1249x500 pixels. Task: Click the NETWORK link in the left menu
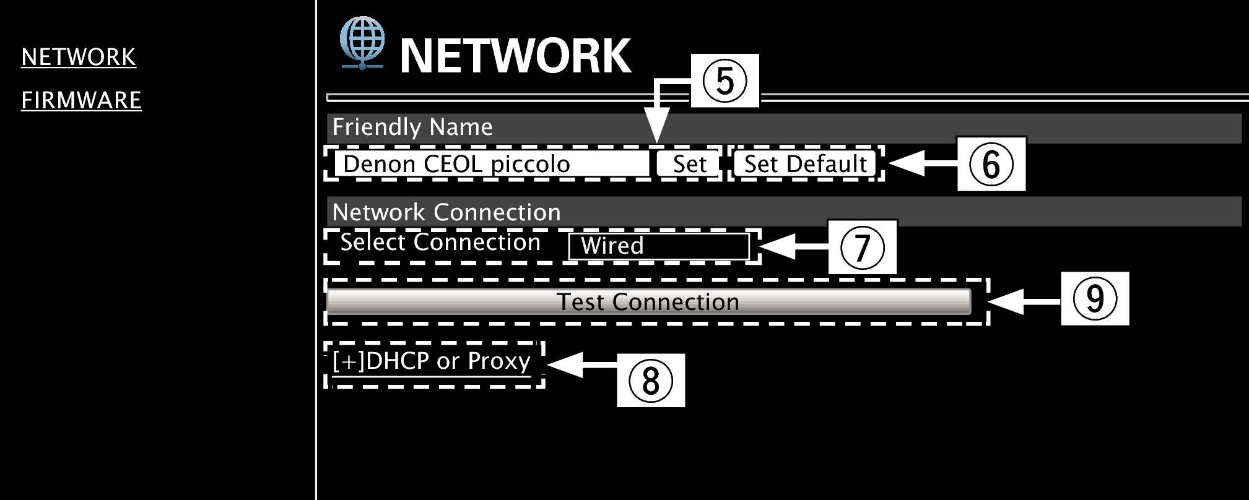tap(79, 57)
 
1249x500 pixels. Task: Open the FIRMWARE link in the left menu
tap(81, 100)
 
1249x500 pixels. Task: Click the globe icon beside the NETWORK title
tap(362, 42)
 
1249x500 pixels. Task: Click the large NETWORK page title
tap(515, 56)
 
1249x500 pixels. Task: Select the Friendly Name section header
tap(412, 127)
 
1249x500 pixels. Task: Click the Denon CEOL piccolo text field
tap(490, 164)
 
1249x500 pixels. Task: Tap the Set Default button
tap(805, 164)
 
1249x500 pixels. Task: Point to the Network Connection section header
tap(446, 212)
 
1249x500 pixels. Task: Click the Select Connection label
tap(440, 243)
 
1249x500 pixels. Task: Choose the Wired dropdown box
tap(658, 246)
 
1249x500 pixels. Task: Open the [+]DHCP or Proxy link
tap(432, 361)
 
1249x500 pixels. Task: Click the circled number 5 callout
tap(725, 80)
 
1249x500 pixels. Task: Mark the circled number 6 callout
tap(991, 164)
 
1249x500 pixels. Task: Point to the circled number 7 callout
tap(862, 247)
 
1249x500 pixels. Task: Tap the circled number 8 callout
tap(650, 380)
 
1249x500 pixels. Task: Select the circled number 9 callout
tap(1095, 298)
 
